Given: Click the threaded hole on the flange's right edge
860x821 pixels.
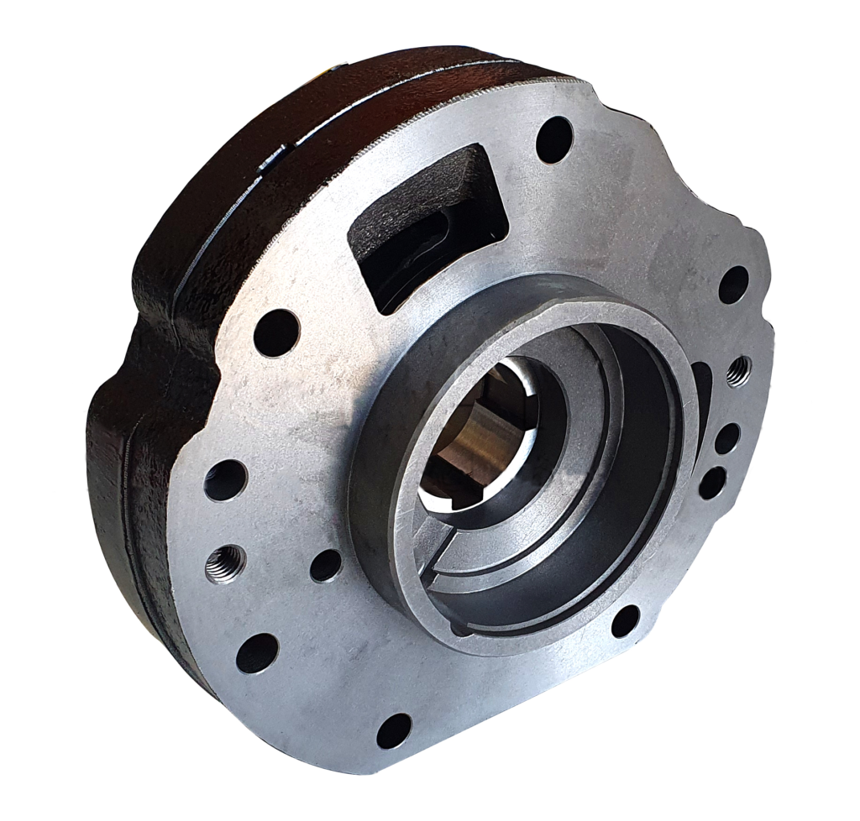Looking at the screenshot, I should coord(738,369).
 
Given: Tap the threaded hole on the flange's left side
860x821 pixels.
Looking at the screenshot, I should coord(225,562).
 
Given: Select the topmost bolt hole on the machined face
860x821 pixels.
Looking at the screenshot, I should coord(554,139).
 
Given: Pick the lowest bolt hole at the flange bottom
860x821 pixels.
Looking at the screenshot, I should coord(393,730).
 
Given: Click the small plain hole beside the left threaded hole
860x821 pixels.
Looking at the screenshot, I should coord(326,565).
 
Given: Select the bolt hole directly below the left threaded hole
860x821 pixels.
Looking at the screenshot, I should coord(257,653).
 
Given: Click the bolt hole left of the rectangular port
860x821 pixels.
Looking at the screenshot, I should coord(276,332).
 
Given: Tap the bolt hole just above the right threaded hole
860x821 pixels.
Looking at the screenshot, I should coord(733,284).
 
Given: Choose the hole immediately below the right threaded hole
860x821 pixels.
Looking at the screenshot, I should coord(726,438).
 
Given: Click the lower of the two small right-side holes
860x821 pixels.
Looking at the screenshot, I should coord(712,482).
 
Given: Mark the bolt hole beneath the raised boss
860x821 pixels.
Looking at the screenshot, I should coord(625,621).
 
